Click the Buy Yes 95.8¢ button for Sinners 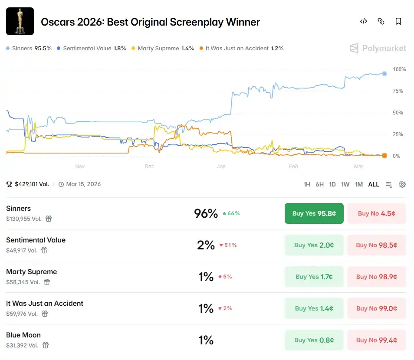pyautogui.click(x=314, y=213)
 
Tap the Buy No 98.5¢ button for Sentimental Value pyautogui.click(x=376, y=245)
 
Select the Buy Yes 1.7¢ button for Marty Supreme pyautogui.click(x=314, y=277)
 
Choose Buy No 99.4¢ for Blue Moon pyautogui.click(x=376, y=340)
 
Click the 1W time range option pyautogui.click(x=345, y=184)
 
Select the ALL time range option pyautogui.click(x=374, y=184)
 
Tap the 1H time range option pyautogui.click(x=307, y=184)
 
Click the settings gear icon pyautogui.click(x=402, y=184)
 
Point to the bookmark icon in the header pyautogui.click(x=398, y=22)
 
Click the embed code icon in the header pyautogui.click(x=364, y=22)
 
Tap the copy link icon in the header pyautogui.click(x=381, y=22)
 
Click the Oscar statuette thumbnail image pyautogui.click(x=20, y=21)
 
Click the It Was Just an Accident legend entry pyautogui.click(x=241, y=49)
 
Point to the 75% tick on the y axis pyautogui.click(x=398, y=91)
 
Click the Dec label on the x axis pyautogui.click(x=149, y=167)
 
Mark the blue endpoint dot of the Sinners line pyautogui.click(x=384, y=74)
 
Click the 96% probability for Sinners pyautogui.click(x=206, y=213)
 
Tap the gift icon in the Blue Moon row pyautogui.click(x=46, y=345)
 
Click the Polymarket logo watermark pyautogui.click(x=378, y=48)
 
